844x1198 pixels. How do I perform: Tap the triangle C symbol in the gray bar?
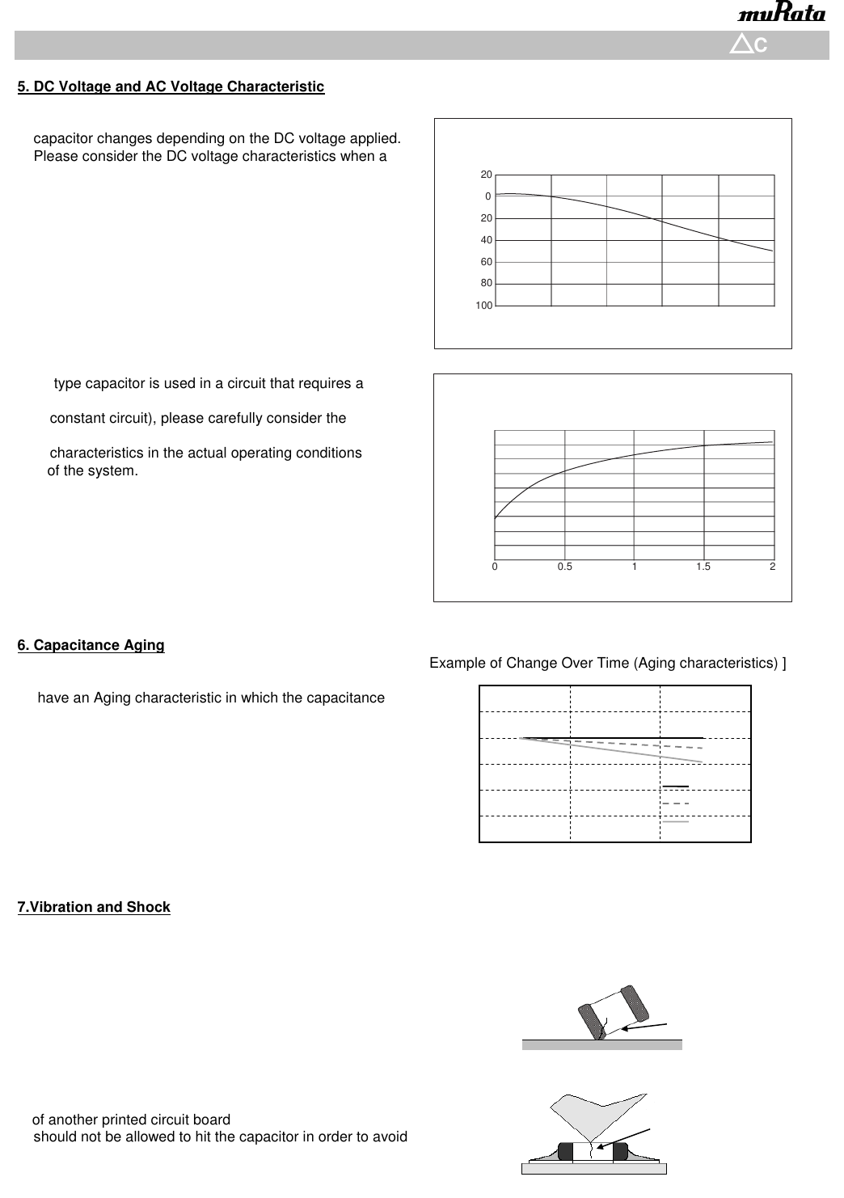(748, 45)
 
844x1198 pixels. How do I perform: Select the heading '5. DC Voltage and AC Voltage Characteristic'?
(171, 86)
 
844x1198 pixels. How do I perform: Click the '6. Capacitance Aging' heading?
(91, 645)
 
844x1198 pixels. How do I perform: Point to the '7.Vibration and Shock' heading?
(94, 907)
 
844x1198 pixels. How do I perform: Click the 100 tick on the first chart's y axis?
(483, 306)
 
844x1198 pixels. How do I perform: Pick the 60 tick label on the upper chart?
(487, 262)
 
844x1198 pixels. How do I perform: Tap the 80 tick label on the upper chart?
(487, 284)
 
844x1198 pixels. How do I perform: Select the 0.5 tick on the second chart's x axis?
(564, 567)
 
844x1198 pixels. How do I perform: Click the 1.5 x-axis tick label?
(703, 567)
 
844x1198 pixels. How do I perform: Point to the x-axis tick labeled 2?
(773, 567)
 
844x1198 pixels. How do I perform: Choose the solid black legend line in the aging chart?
(675, 786)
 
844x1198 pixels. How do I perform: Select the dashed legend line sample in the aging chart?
(675, 804)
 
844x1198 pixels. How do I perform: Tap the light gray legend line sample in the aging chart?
(675, 821)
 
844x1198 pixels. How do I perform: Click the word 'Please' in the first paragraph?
(54, 156)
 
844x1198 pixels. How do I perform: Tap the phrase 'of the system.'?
(93, 470)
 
